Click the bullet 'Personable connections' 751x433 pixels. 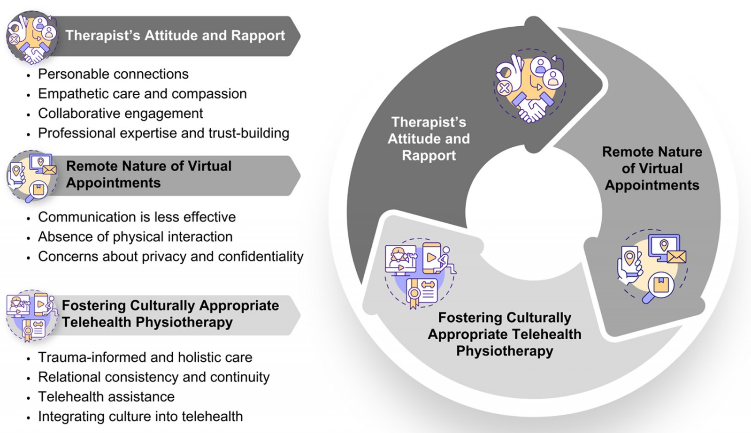click(113, 74)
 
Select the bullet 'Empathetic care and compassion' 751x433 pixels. click(142, 94)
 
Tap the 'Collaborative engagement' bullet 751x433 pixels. click(121, 114)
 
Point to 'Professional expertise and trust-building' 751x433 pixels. click(163, 133)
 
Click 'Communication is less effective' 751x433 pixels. click(137, 217)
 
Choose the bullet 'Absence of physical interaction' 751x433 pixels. click(135, 237)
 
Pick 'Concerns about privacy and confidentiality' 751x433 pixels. click(170, 257)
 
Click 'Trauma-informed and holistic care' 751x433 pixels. click(145, 357)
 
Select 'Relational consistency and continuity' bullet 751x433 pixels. click(154, 377)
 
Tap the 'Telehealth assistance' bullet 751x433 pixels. click(106, 397)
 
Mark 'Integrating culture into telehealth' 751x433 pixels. click(140, 417)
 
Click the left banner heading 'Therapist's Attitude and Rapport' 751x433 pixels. click(175, 36)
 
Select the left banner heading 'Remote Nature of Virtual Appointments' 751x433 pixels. click(149, 175)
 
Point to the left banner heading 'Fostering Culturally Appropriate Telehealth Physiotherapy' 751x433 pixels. click(170, 314)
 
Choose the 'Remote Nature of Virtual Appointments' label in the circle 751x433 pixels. click(652, 168)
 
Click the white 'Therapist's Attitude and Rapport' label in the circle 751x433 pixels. click(429, 139)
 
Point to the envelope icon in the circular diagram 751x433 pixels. click(676, 257)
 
